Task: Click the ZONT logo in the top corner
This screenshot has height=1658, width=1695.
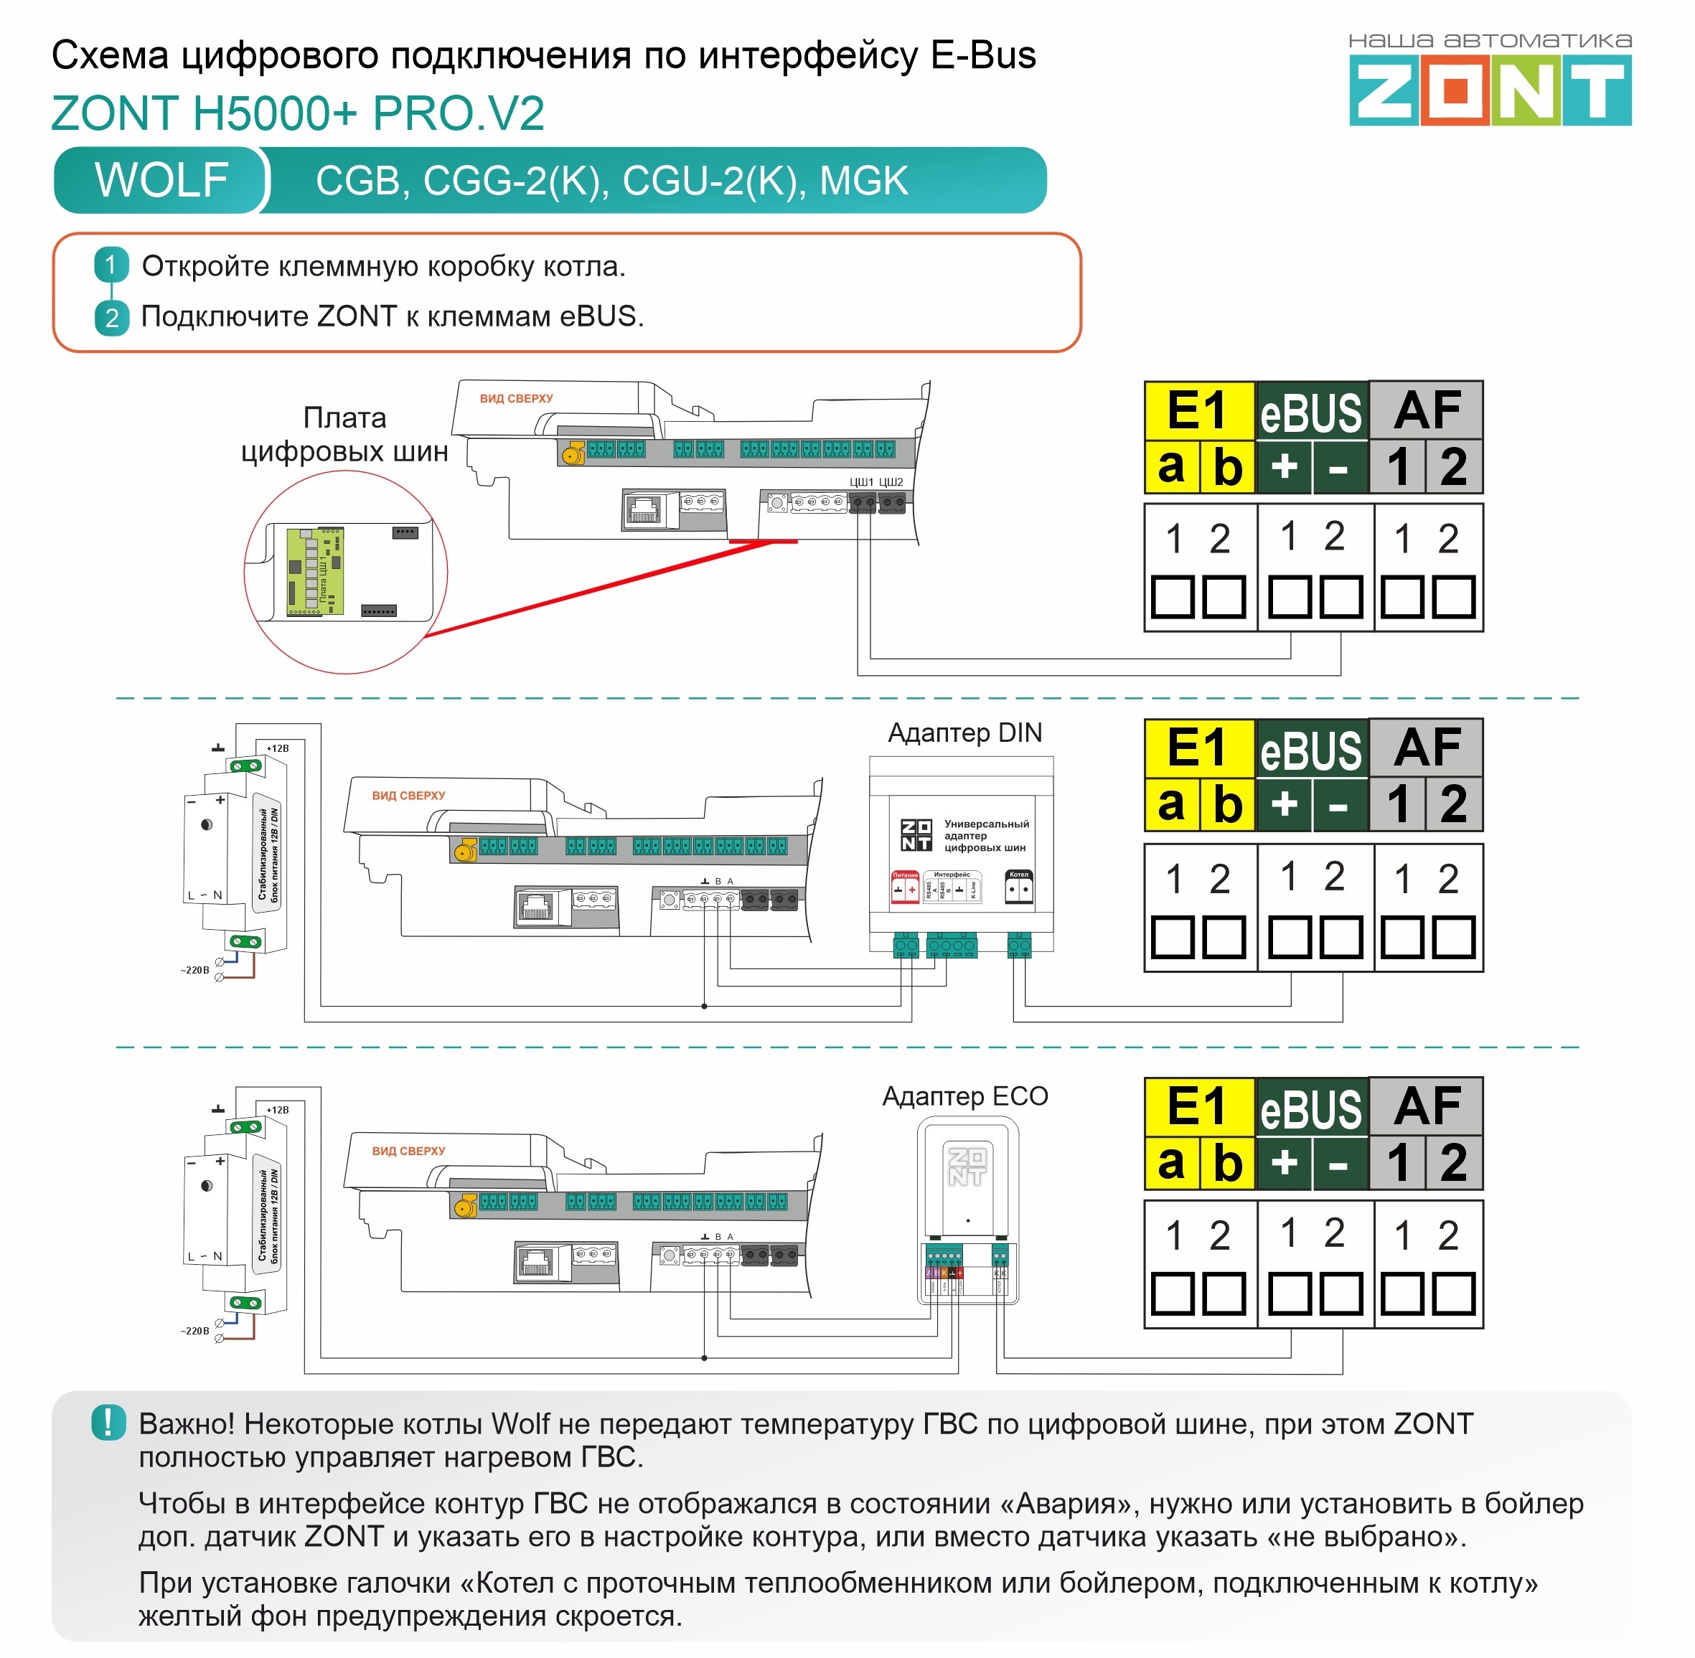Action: coord(1490,90)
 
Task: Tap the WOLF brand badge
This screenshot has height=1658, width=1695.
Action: coord(161,180)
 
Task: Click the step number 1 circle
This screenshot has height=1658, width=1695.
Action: coord(111,265)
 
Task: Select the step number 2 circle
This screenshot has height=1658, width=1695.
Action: coord(111,318)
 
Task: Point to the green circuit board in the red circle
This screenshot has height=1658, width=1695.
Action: coord(314,571)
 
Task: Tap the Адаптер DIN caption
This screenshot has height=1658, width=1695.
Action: coord(964,733)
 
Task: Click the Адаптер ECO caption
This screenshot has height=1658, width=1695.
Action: coord(964,1096)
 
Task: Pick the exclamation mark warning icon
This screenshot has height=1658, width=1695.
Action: coord(108,1423)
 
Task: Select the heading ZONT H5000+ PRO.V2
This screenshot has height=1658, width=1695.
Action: coord(298,113)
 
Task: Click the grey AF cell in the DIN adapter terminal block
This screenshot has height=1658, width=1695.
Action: coord(1426,747)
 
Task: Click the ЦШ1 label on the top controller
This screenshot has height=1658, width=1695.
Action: coord(860,481)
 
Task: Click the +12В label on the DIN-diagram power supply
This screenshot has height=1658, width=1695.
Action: coord(277,748)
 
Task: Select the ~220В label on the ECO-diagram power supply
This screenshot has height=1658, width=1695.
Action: coord(195,1331)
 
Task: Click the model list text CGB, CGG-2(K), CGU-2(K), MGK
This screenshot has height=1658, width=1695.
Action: coord(611,181)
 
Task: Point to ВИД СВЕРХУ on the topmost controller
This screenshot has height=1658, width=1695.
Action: coord(517,399)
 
